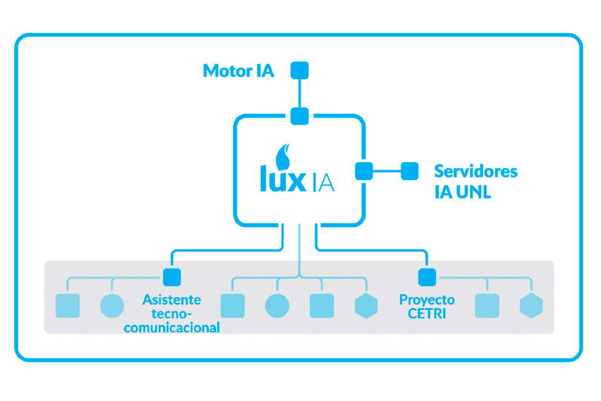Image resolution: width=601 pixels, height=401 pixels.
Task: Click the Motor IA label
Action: [x=238, y=71]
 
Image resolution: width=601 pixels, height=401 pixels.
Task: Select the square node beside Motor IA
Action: [x=300, y=70]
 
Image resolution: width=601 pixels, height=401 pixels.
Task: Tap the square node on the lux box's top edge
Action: [x=300, y=116]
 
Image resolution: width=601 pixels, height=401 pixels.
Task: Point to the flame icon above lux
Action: [x=283, y=156]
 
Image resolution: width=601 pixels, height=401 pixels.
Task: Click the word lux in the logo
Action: [x=283, y=178]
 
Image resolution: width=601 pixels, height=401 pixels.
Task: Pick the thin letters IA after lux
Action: [x=324, y=182]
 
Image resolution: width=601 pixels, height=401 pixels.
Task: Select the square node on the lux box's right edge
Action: [x=364, y=171]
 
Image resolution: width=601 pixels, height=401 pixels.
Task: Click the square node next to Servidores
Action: [x=410, y=171]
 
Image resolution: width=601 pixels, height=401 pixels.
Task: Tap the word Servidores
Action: [x=475, y=171]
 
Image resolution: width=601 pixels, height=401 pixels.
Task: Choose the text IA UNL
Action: [x=462, y=192]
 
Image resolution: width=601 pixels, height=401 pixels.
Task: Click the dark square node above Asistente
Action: [x=172, y=277]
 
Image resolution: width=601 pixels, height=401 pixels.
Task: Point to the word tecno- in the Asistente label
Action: [x=172, y=314]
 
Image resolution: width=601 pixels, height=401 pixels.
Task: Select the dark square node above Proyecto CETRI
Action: [x=427, y=277]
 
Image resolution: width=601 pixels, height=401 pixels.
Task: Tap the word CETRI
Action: [x=427, y=314]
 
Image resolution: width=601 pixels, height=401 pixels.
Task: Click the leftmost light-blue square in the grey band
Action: [x=67, y=306]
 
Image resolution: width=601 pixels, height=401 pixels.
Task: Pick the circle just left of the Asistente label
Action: [x=112, y=306]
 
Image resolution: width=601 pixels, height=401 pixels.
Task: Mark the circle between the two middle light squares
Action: [x=277, y=306]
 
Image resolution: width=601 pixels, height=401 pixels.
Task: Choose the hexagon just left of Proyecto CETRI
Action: [x=366, y=306]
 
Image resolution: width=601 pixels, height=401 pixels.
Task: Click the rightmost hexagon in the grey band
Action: [x=532, y=306]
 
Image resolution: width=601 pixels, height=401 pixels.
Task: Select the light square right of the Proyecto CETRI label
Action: [x=487, y=306]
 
